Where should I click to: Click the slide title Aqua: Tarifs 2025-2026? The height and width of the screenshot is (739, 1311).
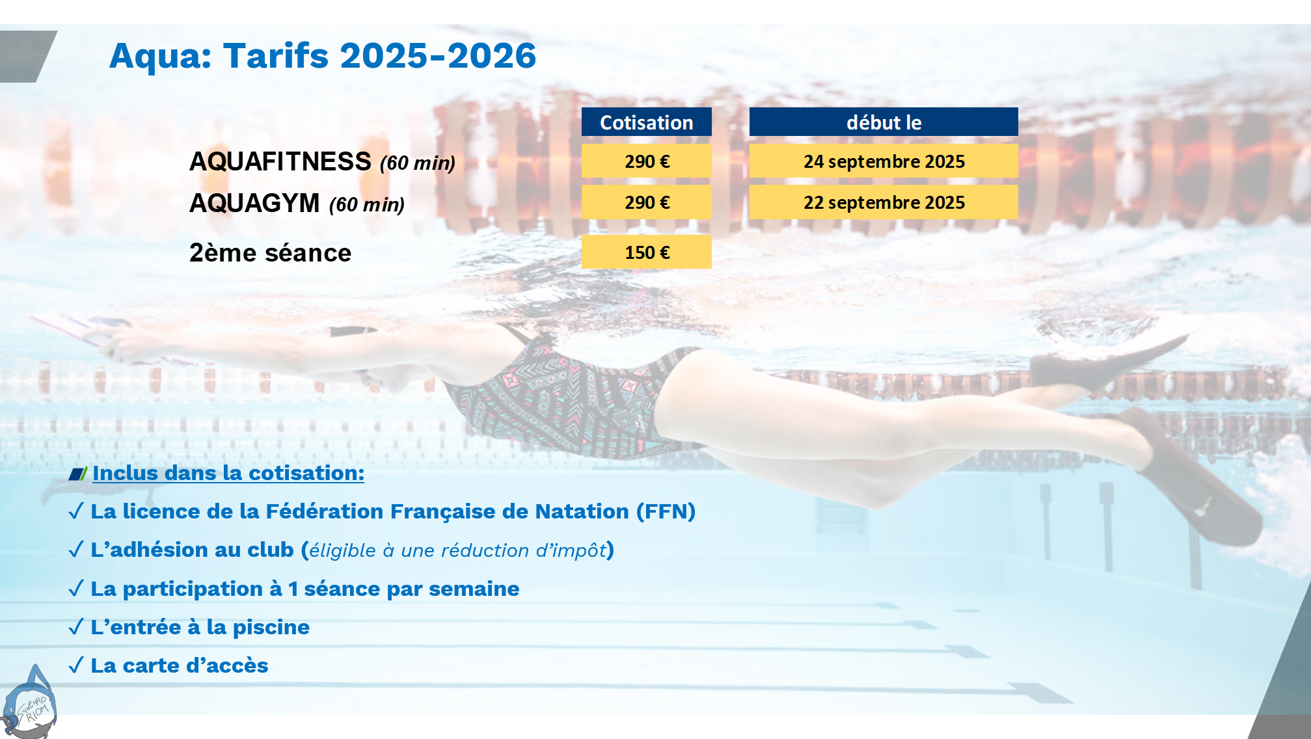[x=323, y=56]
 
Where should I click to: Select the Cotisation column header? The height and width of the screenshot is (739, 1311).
[x=646, y=122]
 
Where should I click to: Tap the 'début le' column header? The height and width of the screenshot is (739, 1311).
[x=884, y=122]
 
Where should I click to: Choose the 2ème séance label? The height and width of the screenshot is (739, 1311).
[x=270, y=252]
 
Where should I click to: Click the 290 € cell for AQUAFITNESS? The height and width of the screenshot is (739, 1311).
[x=646, y=161]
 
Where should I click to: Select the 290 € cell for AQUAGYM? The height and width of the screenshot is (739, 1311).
[x=646, y=202]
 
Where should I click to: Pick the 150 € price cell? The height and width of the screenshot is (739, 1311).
[x=646, y=252]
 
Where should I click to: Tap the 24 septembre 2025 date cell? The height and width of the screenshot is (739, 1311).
[x=884, y=161]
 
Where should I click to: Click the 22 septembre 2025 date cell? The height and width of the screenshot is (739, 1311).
[x=884, y=202]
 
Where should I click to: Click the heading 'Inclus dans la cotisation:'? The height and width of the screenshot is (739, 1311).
[x=228, y=473]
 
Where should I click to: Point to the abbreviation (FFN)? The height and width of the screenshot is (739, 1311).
[x=666, y=511]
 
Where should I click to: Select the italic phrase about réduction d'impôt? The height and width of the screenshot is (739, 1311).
[x=458, y=550]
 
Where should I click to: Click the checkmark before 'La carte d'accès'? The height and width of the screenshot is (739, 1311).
[x=76, y=665]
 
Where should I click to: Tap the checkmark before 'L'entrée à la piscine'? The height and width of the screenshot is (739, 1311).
[x=76, y=626]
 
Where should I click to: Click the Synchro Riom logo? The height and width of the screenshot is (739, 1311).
[x=29, y=703]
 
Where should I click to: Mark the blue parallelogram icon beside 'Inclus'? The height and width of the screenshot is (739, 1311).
[x=77, y=474]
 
